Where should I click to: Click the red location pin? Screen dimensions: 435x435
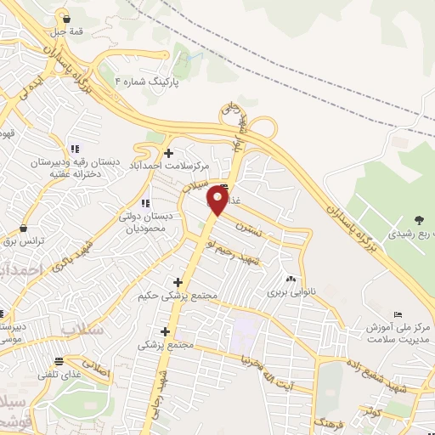click(x=218, y=201)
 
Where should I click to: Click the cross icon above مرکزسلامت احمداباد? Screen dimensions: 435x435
click(x=169, y=153)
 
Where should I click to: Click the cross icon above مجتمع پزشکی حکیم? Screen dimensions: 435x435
click(x=178, y=282)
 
